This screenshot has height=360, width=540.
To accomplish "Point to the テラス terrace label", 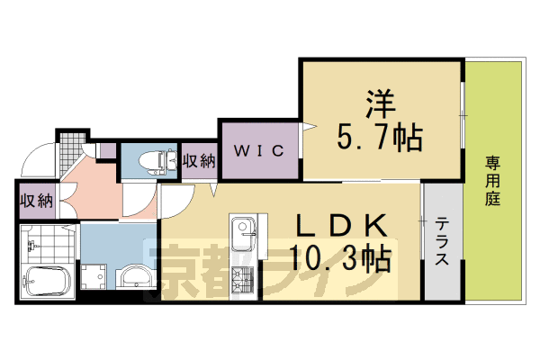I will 442,243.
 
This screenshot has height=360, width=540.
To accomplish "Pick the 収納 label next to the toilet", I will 199,161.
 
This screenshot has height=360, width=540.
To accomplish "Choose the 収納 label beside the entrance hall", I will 34,200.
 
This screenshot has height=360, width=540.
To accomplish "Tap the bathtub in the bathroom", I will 45,281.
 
